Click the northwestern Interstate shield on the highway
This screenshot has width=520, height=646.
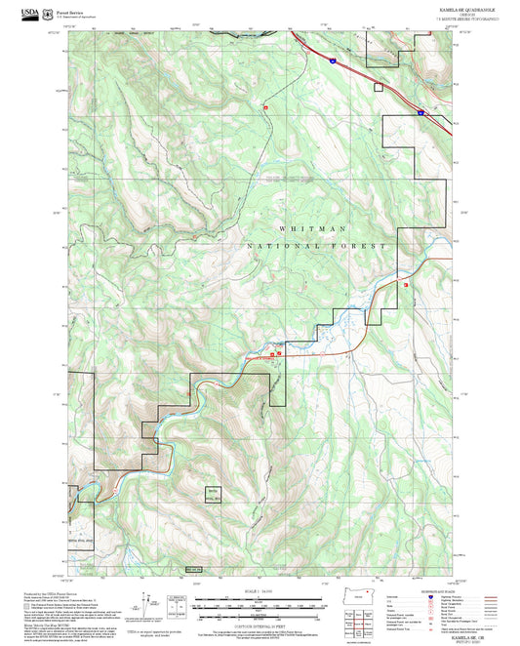tap(332, 61)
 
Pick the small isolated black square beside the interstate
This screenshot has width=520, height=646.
tap(378, 85)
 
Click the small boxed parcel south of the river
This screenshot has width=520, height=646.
tap(213, 494)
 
